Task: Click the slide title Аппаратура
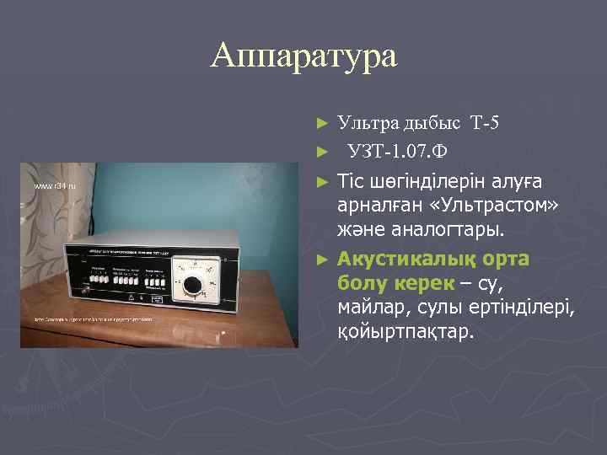[303, 56]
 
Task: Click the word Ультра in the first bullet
[363, 124]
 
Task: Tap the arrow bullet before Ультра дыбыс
[320, 124]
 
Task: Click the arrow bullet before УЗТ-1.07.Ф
[320, 153]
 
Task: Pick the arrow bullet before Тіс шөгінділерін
[320, 181]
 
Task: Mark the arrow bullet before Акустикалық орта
[320, 258]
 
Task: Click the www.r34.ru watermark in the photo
[55, 184]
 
